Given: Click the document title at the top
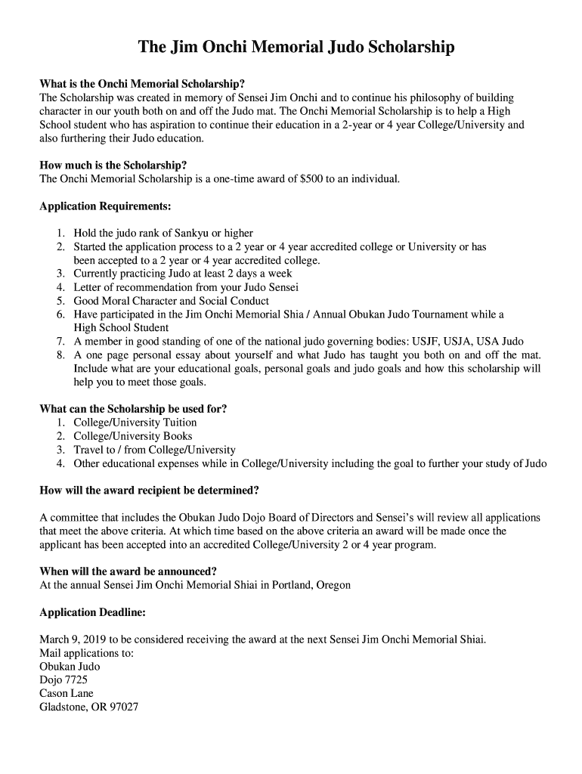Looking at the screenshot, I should coord(296,48).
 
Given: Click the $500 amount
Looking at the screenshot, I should coord(311,178).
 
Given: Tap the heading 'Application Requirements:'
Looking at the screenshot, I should coord(105,206).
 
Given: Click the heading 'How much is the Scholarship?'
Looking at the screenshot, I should coord(113,165).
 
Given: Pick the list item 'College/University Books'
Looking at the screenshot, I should coord(133,436).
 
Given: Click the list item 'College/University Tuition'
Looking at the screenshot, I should coord(135,423).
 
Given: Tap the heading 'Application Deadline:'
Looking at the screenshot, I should coord(92,611).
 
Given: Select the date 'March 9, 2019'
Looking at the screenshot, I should coord(73,639).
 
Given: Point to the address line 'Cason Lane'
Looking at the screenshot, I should coord(67,694).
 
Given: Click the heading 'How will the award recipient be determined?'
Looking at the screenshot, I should coord(149,490).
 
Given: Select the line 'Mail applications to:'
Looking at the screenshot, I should coord(86,653).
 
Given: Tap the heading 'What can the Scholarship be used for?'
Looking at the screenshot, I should coord(133,409).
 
